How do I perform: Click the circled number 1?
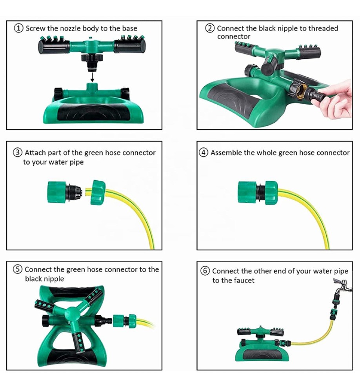click(19, 28)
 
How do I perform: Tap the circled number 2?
click(210, 28)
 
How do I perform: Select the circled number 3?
click(17, 152)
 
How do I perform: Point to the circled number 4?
click(204, 152)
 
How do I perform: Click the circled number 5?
click(17, 270)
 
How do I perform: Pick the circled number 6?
click(205, 271)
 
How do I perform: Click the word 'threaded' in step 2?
click(323, 28)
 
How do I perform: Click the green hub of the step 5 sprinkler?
click(71, 313)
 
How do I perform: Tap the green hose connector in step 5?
click(124, 321)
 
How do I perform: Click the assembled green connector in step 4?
click(257, 193)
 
